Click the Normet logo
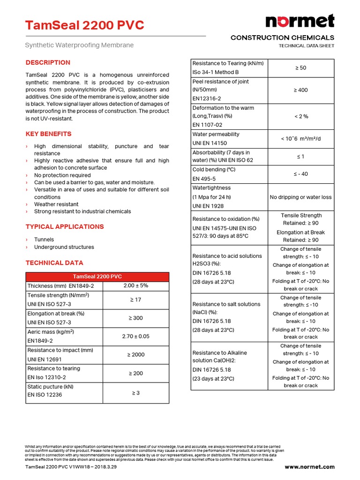tap(300, 21)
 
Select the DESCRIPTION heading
tap(48, 62)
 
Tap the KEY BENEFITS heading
tap(49, 134)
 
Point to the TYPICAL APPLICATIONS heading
tap(65, 227)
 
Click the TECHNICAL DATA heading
tap(54, 263)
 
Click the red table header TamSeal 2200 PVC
tap(97, 277)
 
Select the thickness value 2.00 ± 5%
tap(135, 285)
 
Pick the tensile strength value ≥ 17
tap(135, 300)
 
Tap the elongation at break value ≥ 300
tap(135, 318)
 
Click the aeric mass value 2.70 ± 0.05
tap(135, 336)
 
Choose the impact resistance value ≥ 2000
tap(135, 355)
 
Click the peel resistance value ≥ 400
tap(301, 90)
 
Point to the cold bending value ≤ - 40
tap(301, 174)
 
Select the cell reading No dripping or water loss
tap(301, 197)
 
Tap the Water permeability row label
tap(216, 134)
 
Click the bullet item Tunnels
tap(44, 240)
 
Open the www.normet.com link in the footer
tap(309, 467)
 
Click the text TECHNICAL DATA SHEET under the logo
tap(307, 46)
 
